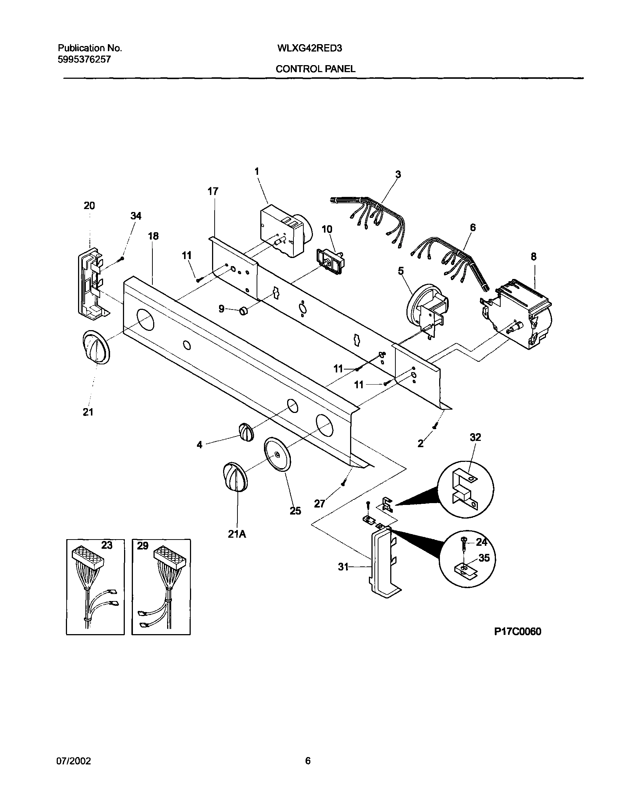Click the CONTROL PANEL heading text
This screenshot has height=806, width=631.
click(315, 69)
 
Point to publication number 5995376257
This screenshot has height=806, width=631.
click(84, 60)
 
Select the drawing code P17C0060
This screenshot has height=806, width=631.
click(518, 631)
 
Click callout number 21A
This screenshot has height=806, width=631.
click(237, 534)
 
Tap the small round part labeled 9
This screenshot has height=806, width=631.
click(243, 311)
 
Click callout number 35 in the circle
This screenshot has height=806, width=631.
click(484, 558)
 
